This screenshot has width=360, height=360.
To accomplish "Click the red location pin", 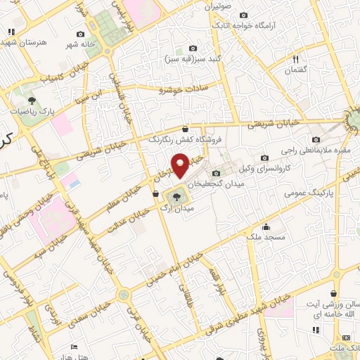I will pos(181,165).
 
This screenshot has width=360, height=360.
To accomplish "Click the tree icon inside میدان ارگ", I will pos(175,195).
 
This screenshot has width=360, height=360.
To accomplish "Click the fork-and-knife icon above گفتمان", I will pos(295,59).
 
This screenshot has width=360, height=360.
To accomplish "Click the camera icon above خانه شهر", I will pos(81,34).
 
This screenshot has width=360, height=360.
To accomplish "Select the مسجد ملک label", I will pos(266,238).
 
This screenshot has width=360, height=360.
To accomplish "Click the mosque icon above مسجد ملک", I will pos(266,226).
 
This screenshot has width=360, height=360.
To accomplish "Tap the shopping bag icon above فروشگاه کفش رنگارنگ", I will pos(185,129).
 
